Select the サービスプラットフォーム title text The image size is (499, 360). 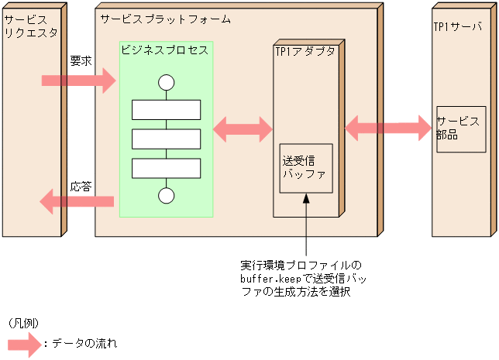tap(165, 18)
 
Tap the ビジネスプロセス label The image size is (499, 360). tap(164, 50)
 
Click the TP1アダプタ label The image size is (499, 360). tap(305, 51)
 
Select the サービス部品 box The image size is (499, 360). tap(461, 129)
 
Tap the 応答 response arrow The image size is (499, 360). tap(77, 203)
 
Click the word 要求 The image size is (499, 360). tap(81, 59)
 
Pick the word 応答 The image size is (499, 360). tap(81, 186)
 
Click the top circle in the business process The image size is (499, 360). tap(166, 82)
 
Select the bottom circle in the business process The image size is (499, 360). tap(166, 196)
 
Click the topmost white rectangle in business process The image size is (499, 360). tap(166, 110)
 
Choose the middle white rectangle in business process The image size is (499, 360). tap(166, 139)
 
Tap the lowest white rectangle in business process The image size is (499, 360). tap(166, 167)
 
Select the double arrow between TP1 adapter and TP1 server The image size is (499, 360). tap(387, 127)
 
